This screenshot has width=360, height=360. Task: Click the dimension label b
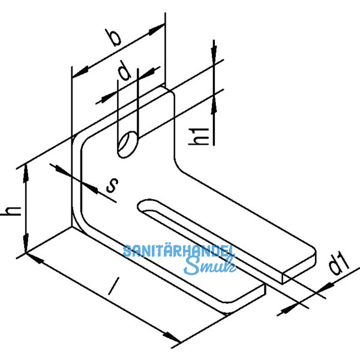[x=116, y=37]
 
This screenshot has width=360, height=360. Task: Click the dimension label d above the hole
[x=125, y=73]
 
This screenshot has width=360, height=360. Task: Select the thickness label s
[x=111, y=186]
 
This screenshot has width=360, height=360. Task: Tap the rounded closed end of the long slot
[x=145, y=208]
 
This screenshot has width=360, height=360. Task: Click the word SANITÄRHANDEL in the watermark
[x=178, y=251]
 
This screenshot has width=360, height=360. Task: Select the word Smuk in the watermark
[x=207, y=266]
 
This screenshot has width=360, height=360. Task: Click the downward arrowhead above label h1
[x=214, y=54]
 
